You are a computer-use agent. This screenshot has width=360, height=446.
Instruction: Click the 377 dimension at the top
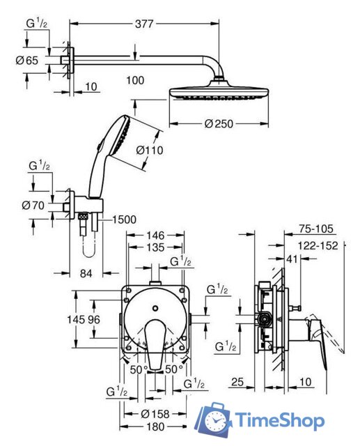[144, 24]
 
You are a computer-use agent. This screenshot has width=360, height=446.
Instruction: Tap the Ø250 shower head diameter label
[219, 124]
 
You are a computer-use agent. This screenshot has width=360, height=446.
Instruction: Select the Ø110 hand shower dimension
[150, 150]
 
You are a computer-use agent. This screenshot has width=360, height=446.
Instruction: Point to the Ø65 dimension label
[26, 61]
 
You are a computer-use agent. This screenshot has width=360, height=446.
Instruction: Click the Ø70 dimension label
[33, 205]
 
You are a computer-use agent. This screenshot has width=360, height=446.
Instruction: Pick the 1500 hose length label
[124, 220]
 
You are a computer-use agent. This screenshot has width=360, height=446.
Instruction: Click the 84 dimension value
[86, 273]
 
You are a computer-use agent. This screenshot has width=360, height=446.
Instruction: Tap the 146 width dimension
[155, 236]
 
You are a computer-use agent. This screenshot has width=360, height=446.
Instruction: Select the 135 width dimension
[155, 247]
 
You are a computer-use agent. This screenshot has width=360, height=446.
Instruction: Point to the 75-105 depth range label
[316, 229]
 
